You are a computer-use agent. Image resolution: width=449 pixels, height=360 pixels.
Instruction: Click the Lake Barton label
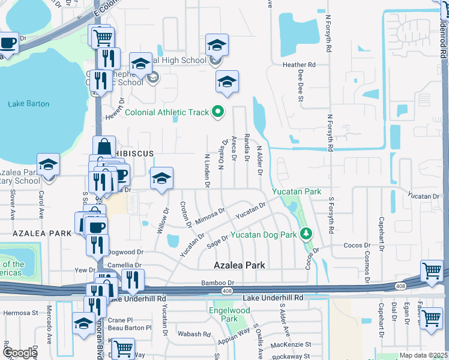click(29, 104)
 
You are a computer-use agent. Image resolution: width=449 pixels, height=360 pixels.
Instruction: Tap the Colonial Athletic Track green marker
click(218, 112)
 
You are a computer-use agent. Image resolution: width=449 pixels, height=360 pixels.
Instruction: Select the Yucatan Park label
click(297, 191)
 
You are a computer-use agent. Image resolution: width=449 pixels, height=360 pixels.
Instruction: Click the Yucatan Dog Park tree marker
click(306, 234)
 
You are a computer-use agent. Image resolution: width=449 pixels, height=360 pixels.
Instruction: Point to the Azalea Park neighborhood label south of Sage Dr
click(240, 265)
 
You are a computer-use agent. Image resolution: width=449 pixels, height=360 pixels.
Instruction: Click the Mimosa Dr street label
click(209, 216)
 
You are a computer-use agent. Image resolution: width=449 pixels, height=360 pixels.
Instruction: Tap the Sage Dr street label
click(217, 239)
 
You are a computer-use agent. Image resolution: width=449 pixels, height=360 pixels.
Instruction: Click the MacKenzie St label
click(291, 344)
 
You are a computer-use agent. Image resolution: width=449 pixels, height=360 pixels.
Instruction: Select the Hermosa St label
click(19, 313)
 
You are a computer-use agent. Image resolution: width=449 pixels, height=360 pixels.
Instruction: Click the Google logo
click(20, 353)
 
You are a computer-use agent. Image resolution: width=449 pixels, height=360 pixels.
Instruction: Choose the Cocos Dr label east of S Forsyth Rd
click(355, 246)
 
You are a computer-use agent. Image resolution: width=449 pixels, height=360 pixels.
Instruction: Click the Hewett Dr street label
click(113, 104)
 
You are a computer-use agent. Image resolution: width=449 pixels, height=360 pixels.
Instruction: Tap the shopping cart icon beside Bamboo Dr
click(432, 271)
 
